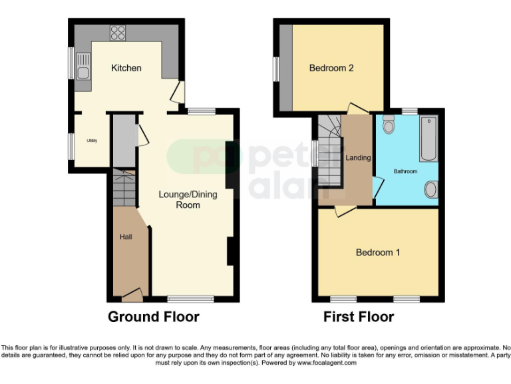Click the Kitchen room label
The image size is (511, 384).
126,68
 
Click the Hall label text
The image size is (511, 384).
126,237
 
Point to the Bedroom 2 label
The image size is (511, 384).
331,68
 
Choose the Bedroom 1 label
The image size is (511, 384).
378,253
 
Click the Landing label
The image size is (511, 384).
359,158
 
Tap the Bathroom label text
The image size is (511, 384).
405,172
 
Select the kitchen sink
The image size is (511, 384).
83,67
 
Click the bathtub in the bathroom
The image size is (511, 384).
428,139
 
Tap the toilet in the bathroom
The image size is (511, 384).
389,123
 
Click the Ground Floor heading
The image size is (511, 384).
153,317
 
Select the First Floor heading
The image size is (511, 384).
359,317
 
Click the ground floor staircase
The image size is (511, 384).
123,189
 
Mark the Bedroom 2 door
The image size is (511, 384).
356,107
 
